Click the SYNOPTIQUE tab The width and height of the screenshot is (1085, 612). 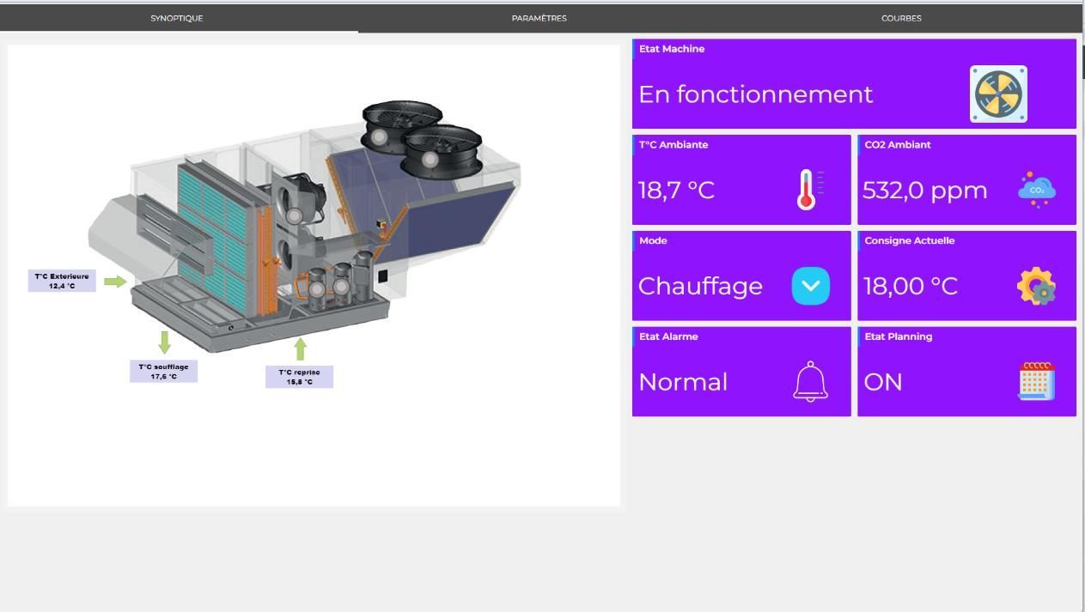[x=177, y=18]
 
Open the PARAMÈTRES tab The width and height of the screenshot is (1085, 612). [x=539, y=18]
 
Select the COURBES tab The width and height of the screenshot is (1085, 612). [x=901, y=18]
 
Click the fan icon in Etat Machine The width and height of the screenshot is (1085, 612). [x=998, y=94]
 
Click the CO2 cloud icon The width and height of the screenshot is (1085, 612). [x=1037, y=190]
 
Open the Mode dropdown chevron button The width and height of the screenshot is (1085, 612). [x=811, y=286]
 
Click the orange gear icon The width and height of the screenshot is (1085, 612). [x=1037, y=286]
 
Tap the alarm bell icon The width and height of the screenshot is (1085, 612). [x=810, y=381]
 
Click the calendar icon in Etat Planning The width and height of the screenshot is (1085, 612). [x=1037, y=381]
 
